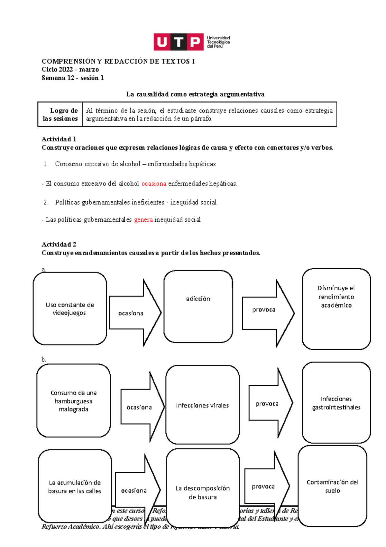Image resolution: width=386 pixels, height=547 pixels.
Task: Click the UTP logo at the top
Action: [192, 42]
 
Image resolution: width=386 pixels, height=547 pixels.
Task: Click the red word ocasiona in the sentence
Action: [154, 184]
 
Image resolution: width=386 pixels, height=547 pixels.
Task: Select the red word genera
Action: [143, 220]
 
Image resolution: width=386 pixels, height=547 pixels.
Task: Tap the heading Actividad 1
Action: [59, 139]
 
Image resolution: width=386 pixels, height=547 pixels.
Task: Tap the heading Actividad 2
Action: [59, 244]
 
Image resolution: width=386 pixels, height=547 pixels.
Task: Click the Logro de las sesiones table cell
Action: [60, 114]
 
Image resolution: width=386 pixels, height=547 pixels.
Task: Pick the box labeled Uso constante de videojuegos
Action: [70, 309]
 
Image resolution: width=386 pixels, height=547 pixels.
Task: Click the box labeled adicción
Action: [198, 306]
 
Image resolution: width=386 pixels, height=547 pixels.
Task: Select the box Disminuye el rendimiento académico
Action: [336, 309]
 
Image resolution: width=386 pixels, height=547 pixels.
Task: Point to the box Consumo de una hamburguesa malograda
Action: [73, 401]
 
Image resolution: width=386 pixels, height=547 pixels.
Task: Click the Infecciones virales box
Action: [202, 405]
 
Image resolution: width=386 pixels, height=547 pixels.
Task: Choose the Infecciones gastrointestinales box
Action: [336, 403]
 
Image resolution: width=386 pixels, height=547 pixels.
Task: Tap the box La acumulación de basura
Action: [75, 486]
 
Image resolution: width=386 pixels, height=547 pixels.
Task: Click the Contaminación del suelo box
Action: [332, 486]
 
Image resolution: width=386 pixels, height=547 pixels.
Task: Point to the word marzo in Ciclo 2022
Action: [89, 70]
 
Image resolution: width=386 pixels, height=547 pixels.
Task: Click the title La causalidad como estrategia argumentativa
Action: [195, 94]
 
